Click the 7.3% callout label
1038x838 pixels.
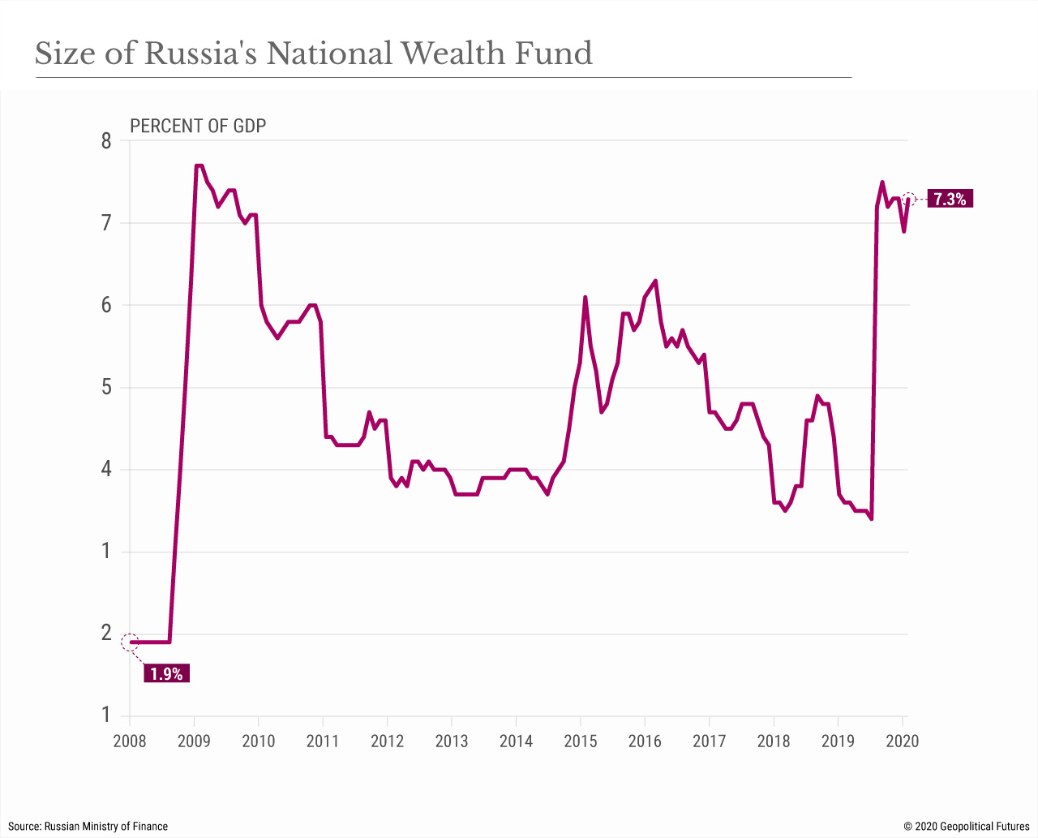[950, 199]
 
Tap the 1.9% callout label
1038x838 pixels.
[166, 673]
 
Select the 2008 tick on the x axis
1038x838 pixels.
[129, 741]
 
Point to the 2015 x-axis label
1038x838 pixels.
[581, 741]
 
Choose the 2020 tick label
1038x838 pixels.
[902, 741]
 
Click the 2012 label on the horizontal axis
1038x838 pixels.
[387, 741]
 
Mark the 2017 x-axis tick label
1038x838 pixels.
[709, 741]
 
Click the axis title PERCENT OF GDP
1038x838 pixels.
[198, 126]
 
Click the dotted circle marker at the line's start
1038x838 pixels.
[130, 642]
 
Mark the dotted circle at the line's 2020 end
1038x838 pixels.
[909, 199]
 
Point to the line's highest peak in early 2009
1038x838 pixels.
[198, 166]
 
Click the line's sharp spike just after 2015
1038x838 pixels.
[585, 298]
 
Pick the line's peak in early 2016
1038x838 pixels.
[655, 281]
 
